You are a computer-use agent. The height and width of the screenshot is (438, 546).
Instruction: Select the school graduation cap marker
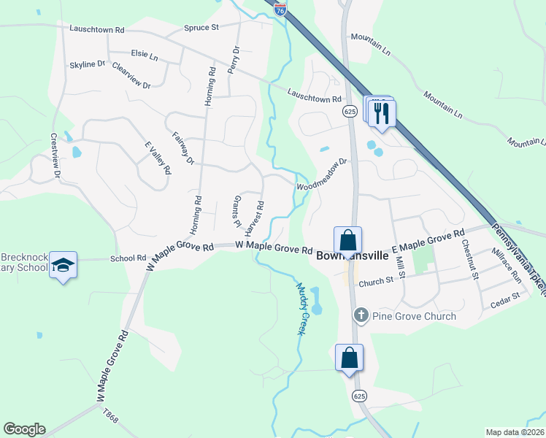[64, 264]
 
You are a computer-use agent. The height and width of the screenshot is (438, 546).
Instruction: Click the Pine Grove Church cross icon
[361, 315]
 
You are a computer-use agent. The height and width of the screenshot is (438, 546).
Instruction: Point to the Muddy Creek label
[300, 308]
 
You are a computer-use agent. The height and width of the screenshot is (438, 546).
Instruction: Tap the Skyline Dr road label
[88, 65]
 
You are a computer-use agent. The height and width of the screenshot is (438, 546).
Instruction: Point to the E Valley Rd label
[158, 156]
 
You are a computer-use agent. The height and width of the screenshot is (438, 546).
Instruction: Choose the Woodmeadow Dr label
[320, 176]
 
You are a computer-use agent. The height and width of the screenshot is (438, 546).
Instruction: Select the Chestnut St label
[469, 260]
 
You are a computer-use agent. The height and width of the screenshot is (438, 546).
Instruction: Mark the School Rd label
[128, 258]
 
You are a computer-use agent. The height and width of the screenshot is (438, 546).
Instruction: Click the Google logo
[24, 429]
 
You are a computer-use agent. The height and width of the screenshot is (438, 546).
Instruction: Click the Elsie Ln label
[144, 54]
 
